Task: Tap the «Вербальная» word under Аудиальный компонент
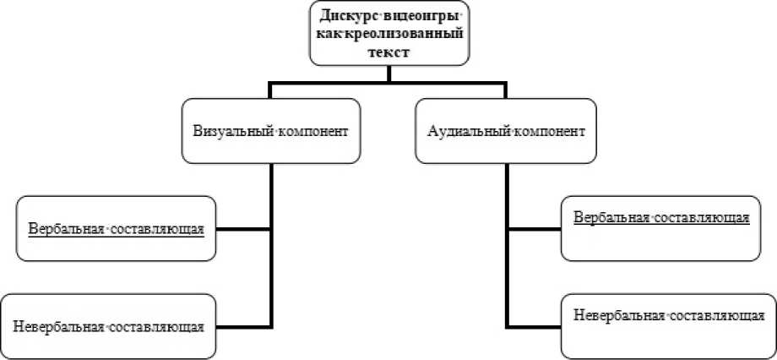click(610, 216)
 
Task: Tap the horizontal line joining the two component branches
click(388, 83)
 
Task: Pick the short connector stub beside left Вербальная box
click(243, 229)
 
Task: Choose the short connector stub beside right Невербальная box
click(535, 326)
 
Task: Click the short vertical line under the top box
click(388, 74)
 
